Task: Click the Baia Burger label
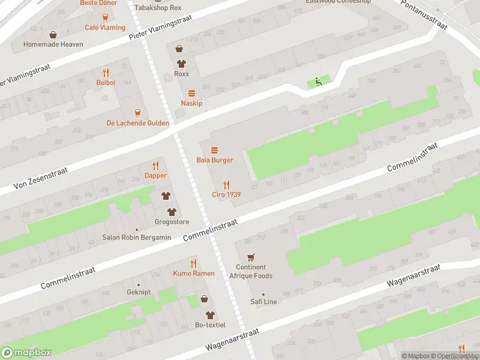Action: point(214,160)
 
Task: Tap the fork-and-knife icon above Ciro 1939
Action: point(226,184)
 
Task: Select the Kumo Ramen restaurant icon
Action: point(193,263)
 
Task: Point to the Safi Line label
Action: point(263,302)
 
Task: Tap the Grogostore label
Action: point(172,222)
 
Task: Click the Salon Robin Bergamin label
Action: point(136,238)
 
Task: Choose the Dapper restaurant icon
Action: point(155,166)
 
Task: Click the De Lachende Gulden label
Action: point(137,123)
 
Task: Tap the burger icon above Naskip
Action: point(191,93)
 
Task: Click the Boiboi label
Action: point(106,82)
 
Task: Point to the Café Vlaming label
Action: point(105,28)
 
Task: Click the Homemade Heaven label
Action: point(53,44)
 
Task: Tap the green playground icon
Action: point(319,82)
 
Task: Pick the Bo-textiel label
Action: point(210,325)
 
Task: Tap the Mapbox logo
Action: point(26,353)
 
